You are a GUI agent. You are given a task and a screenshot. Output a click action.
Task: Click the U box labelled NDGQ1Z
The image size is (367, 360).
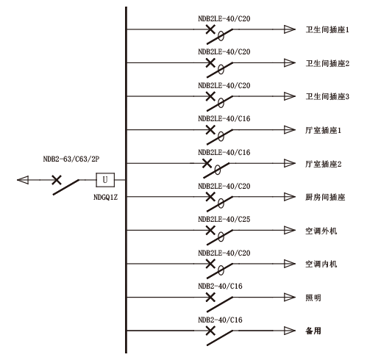point(105,180)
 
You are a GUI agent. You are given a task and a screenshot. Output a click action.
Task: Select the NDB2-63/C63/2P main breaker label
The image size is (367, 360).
point(71,159)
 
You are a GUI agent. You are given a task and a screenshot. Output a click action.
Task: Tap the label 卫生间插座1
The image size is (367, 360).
point(327,30)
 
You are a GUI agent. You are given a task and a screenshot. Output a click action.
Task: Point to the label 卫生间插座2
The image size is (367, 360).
point(327,63)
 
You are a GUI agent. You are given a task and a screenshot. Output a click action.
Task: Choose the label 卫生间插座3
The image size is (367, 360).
point(327,97)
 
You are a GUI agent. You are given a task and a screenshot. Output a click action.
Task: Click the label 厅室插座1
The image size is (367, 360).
point(323,130)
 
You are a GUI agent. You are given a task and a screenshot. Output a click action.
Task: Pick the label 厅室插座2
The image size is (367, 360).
point(324,164)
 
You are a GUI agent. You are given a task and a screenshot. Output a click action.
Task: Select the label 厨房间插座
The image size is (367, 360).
point(325,197)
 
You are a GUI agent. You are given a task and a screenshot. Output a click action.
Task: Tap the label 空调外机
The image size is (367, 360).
point(321,231)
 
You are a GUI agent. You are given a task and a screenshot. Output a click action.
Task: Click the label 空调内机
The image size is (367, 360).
point(321,264)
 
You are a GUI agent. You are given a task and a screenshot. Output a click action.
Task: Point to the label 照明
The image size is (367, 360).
point(313,298)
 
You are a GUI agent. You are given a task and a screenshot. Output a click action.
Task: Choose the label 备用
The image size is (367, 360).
point(313,331)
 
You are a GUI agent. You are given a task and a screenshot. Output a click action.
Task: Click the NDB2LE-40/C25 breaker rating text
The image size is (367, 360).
point(224,219)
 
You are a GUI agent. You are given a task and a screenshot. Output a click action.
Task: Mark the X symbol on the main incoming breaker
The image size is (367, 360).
point(57,180)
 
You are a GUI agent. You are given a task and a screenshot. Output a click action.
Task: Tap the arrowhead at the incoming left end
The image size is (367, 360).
point(23,180)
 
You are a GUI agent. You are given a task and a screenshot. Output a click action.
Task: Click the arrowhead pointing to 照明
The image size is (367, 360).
point(290,298)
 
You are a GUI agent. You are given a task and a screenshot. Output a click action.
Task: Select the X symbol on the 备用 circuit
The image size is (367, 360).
point(210,331)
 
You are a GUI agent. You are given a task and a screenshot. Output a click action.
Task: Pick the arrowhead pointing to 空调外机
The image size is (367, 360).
point(290,230)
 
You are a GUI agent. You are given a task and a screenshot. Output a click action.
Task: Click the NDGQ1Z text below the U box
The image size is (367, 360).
point(105,197)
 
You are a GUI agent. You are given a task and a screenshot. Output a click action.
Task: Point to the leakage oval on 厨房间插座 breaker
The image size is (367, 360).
point(221,204)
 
